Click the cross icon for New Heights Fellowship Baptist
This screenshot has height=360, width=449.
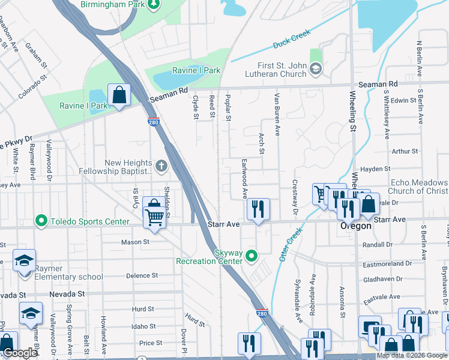[160, 165]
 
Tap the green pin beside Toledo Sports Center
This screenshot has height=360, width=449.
[41, 221]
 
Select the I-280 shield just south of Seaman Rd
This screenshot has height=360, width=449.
[153, 122]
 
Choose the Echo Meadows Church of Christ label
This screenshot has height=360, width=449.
[419, 187]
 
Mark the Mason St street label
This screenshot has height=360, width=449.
[135, 242]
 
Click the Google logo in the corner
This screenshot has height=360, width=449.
[20, 353]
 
